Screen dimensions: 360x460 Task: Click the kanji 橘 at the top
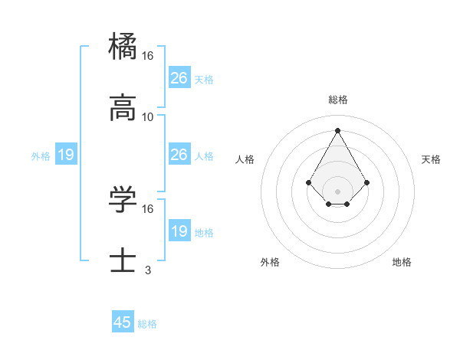point(123,45)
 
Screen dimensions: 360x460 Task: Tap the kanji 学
point(123,198)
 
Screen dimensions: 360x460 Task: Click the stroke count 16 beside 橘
point(148,56)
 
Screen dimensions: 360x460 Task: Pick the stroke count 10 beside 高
point(148,117)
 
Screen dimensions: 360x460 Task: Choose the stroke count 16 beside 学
point(148,208)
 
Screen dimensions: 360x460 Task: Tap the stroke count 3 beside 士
point(148,270)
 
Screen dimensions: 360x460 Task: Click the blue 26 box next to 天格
point(179,78)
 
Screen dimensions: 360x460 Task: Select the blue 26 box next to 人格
point(179,155)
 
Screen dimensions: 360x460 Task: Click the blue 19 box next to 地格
point(179,231)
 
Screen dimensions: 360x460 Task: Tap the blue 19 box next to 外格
point(66,155)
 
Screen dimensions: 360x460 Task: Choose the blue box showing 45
point(123,322)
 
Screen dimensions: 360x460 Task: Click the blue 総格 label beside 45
point(147,324)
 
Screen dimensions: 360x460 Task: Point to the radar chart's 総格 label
point(338,100)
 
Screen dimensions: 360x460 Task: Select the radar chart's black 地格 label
point(402,263)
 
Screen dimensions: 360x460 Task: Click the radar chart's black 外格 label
point(270,263)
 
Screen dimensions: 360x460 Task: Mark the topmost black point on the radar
point(338,129)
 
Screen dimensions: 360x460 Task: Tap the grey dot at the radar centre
point(338,191)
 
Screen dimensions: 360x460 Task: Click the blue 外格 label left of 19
point(41,156)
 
